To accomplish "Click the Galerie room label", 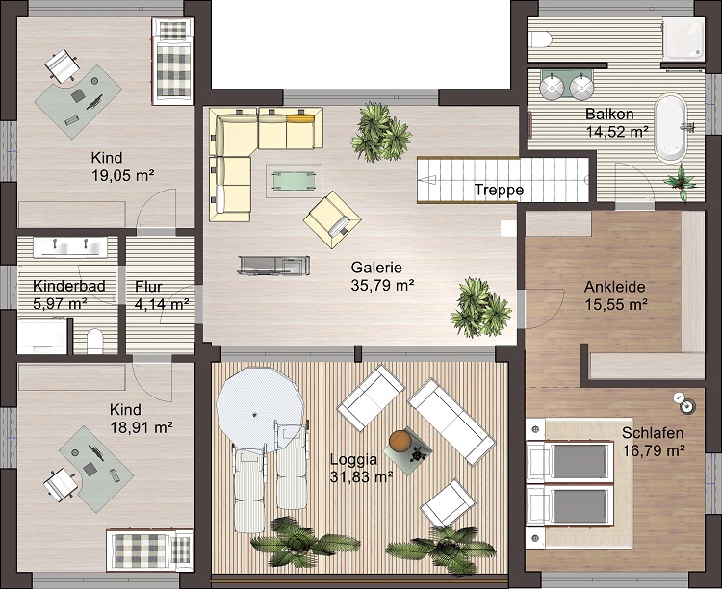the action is point(376,268).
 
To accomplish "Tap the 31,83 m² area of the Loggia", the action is point(361,476).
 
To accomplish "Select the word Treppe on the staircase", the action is point(499,190).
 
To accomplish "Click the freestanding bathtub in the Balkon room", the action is point(671,128).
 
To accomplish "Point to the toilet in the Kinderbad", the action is point(95,341).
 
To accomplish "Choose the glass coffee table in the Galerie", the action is point(294,180).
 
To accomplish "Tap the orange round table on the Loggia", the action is point(400,441).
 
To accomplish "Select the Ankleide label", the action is point(615,287).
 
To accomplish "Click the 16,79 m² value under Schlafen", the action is point(654,450).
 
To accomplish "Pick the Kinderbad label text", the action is point(69,286).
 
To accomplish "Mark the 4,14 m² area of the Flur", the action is point(162,304).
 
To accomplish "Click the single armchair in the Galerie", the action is point(332,219).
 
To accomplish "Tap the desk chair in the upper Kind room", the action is point(63,64).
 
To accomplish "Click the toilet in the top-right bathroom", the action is point(540,39).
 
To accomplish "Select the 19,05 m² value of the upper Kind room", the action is point(123,175).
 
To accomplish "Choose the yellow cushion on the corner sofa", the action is point(300,118).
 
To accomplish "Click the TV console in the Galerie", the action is point(274,266).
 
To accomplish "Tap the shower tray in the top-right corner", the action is point(683,39).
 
